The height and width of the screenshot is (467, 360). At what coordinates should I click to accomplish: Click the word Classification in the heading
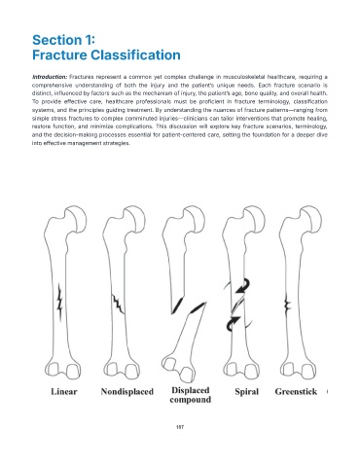click(x=135, y=54)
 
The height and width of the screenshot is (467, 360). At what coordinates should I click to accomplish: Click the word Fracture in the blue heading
click(x=59, y=54)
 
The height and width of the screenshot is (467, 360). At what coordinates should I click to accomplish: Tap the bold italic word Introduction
click(x=50, y=77)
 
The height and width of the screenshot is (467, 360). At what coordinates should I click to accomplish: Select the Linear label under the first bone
click(x=64, y=391)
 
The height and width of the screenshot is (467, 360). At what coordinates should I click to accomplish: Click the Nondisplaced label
click(x=126, y=391)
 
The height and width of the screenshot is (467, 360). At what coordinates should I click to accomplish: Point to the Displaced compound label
click(x=191, y=395)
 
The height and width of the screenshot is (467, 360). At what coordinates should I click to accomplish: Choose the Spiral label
click(x=247, y=392)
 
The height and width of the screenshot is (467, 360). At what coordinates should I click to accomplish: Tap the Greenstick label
click(x=296, y=392)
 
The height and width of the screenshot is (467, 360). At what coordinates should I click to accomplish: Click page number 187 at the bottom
click(x=180, y=427)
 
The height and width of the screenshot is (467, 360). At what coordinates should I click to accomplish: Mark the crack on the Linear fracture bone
click(x=59, y=302)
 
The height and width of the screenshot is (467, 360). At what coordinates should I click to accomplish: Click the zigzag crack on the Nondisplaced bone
click(x=118, y=304)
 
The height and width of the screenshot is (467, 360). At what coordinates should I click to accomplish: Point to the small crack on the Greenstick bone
click(x=287, y=305)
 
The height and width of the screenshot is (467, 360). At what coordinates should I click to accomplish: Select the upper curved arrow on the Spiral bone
click(x=243, y=285)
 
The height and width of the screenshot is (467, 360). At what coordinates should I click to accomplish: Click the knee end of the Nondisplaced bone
click(x=122, y=369)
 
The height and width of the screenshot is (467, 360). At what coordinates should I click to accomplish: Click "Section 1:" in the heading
click(x=63, y=40)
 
